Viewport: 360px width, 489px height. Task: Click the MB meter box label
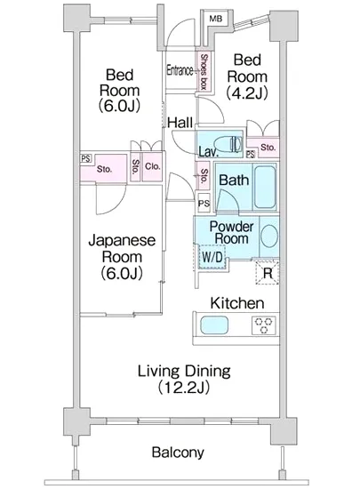click(216, 19)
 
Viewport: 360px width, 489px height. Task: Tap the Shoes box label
click(204, 72)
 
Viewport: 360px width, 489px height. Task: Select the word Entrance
click(180, 70)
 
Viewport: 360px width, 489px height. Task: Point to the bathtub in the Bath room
click(265, 187)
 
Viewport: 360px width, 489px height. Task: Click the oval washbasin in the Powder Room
click(269, 236)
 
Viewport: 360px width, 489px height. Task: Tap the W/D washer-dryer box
click(212, 257)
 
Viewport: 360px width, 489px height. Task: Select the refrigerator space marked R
click(268, 273)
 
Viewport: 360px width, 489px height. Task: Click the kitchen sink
click(214, 325)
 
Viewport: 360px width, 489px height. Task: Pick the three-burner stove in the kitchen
click(264, 325)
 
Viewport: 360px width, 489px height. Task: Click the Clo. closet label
click(152, 166)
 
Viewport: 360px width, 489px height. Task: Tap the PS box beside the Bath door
click(204, 204)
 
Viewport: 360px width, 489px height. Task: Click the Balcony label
click(178, 453)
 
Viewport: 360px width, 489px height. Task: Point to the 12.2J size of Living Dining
click(184, 388)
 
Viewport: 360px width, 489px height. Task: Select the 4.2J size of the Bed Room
click(247, 93)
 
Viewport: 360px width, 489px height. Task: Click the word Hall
click(180, 123)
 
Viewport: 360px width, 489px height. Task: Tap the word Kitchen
click(237, 303)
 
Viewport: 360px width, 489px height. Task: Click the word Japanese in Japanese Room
click(122, 241)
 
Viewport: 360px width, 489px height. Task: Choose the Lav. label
click(209, 152)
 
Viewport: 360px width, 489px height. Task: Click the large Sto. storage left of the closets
click(104, 169)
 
